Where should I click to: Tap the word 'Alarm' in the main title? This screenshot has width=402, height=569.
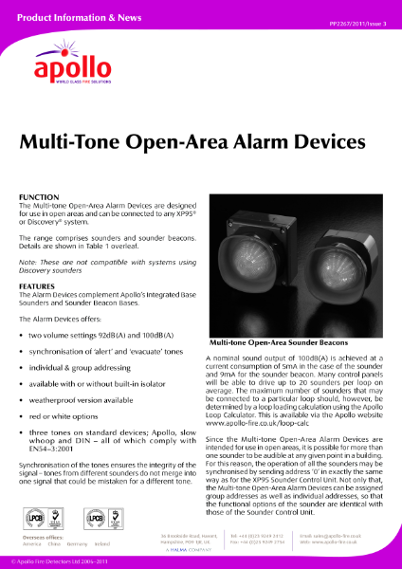(262, 142)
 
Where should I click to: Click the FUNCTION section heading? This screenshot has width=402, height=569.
(38, 196)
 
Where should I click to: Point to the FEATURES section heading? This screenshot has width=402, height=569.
(37, 285)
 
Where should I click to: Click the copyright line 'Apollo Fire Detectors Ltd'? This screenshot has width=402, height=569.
(55, 562)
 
